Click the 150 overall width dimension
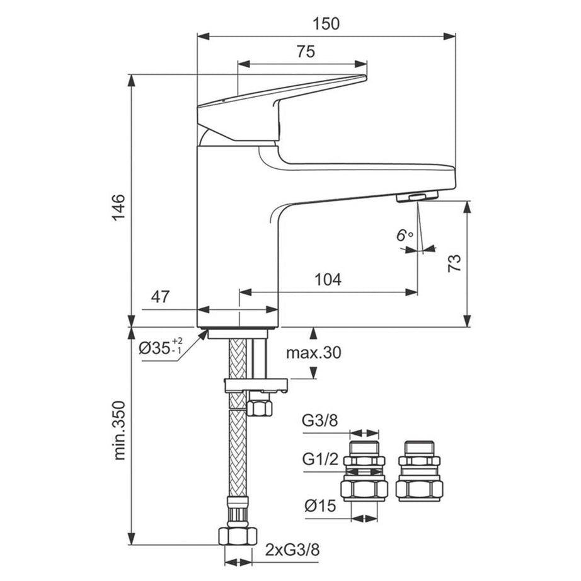(326, 23)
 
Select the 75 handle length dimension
(305, 52)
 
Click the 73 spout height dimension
(454, 262)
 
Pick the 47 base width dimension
(161, 297)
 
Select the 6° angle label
(404, 236)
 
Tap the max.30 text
(313, 353)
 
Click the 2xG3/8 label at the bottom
(291, 549)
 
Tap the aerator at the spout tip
(417, 198)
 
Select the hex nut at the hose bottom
(239, 537)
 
